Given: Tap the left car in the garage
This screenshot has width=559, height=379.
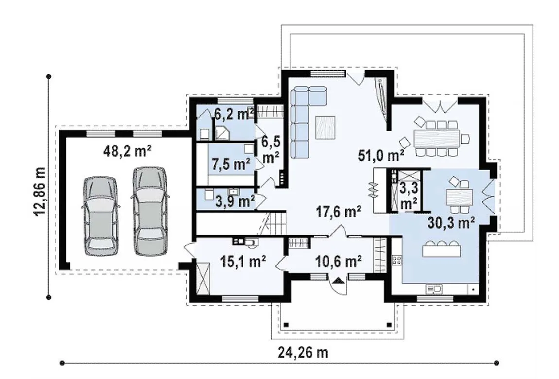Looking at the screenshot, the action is click(101, 216).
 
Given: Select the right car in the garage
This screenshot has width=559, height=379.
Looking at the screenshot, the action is click(150, 211).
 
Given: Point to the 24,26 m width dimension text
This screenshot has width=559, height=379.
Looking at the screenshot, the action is click(303, 353).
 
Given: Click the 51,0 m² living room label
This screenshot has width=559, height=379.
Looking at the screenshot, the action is click(381, 155).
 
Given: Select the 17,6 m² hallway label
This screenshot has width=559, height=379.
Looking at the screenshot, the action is click(338, 211).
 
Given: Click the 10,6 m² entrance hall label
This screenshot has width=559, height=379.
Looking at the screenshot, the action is click(339, 261).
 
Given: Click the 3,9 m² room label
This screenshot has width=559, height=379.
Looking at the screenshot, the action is click(235, 202).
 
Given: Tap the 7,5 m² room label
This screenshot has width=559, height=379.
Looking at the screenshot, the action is click(231, 164).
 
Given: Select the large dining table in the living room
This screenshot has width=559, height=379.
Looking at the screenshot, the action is click(437, 138).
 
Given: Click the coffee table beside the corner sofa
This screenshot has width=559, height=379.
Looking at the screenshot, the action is click(325, 127).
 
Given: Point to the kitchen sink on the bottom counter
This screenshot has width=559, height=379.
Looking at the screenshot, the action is click(434, 289).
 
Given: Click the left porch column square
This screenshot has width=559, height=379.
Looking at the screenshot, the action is click(286, 325).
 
